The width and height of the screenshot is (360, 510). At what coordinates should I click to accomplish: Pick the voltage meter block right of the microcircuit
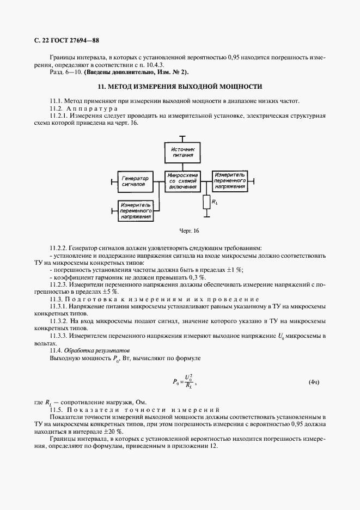[230, 181]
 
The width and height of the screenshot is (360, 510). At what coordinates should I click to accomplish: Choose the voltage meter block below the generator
[135, 210]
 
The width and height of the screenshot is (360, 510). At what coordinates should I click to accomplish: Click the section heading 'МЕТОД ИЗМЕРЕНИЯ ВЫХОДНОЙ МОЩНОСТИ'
[180, 87]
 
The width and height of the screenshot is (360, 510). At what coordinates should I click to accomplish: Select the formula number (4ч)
[314, 382]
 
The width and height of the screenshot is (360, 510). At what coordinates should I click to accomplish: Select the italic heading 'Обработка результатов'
[97, 350]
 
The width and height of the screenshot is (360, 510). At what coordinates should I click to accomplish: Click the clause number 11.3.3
[60, 336]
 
